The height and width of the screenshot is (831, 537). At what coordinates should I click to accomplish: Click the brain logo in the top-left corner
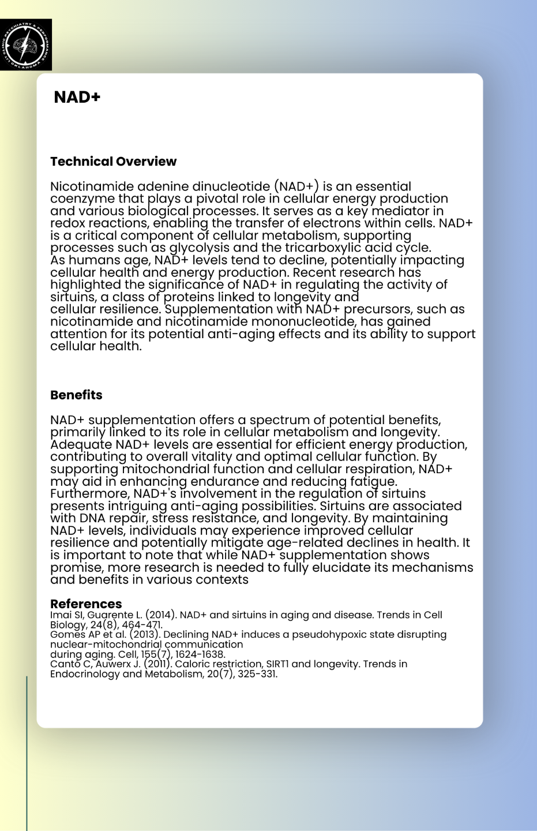coord(26,44)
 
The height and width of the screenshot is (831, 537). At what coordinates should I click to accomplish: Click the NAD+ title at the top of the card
coord(77,97)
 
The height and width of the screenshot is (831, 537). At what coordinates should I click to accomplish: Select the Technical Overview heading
coord(113,162)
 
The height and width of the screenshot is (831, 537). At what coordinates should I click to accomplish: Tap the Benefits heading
coord(76,395)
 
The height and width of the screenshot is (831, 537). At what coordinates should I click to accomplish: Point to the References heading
coord(86,604)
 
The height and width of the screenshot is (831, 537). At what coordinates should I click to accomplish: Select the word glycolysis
coord(197,248)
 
